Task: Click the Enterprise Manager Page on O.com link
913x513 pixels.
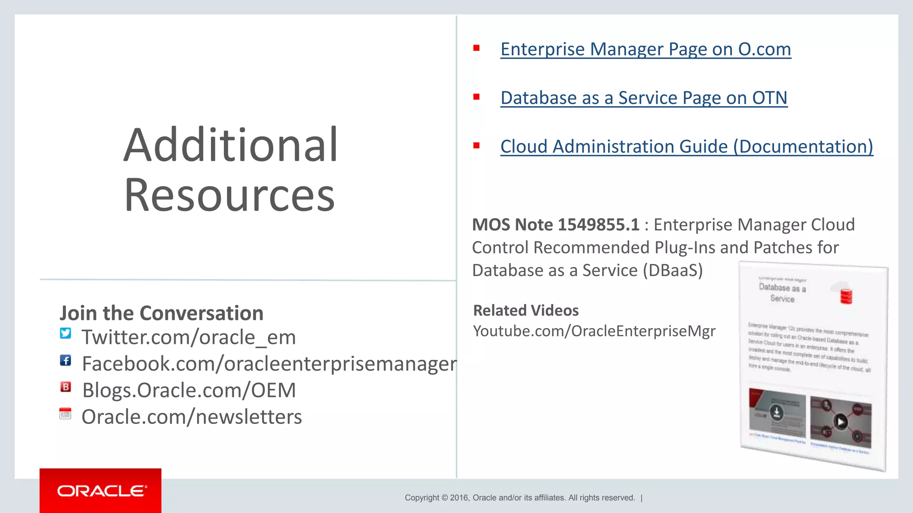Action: click(646, 49)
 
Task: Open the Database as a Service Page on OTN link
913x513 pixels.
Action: click(644, 98)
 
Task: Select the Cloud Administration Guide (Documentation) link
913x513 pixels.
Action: click(687, 147)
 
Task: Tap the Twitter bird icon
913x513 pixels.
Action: click(66, 333)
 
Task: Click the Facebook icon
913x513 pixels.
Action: click(66, 360)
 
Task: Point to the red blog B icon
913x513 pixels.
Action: click(66, 387)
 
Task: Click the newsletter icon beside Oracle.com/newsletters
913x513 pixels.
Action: click(66, 414)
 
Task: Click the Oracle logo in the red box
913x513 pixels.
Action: click(101, 491)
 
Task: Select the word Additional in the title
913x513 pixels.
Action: click(230, 145)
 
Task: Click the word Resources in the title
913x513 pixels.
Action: click(229, 195)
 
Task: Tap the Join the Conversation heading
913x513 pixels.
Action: click(161, 313)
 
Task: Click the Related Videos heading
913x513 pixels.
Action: click(526, 310)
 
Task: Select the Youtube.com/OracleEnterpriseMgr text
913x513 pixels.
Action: click(594, 331)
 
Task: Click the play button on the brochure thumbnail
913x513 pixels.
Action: click(841, 421)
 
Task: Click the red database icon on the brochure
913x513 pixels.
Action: click(846, 296)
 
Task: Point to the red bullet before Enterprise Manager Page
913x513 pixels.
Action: click(477, 48)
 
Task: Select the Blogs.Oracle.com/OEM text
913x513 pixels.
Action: click(189, 391)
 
